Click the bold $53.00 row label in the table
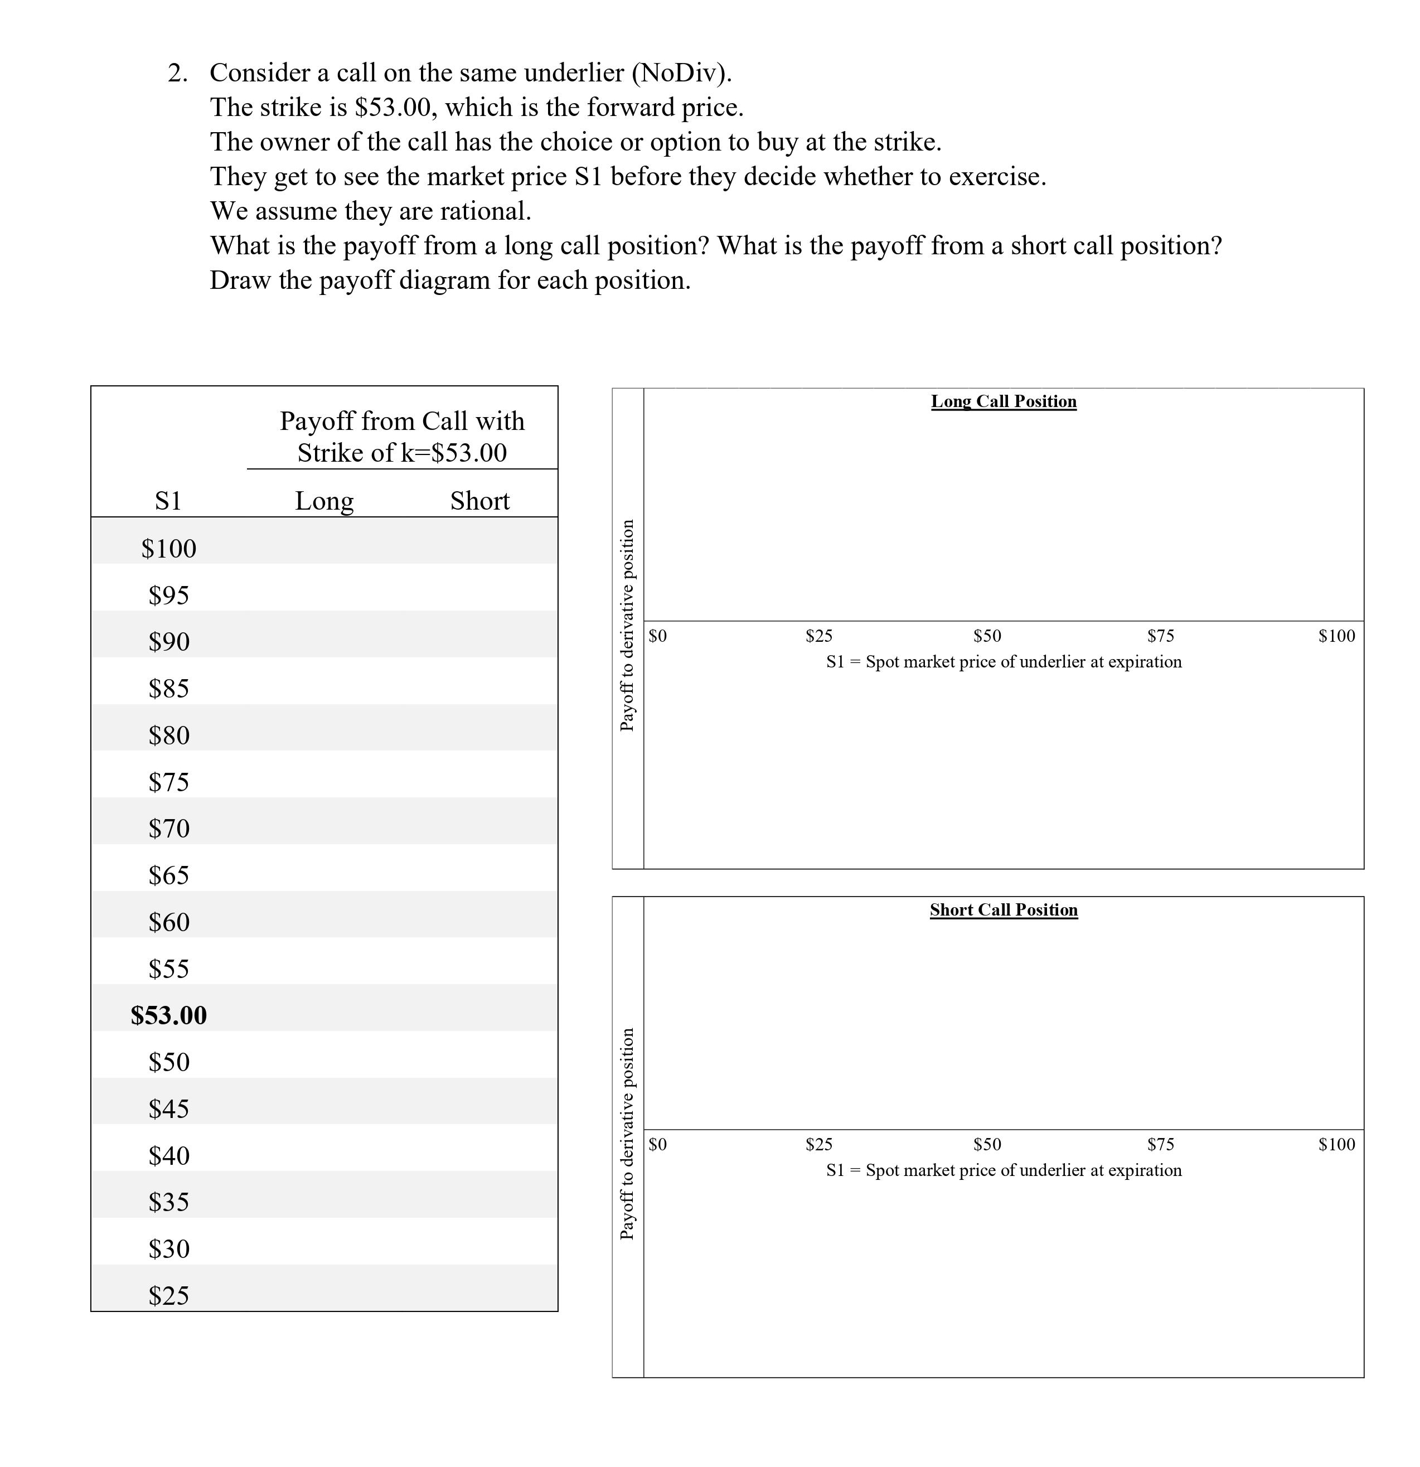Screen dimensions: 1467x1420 click(x=168, y=1016)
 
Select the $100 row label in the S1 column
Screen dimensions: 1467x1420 click(x=168, y=549)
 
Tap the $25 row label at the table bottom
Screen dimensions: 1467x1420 click(x=168, y=1296)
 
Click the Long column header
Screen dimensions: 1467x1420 click(x=324, y=501)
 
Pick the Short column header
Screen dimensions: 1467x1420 click(x=479, y=501)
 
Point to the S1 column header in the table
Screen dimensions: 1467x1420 click(x=168, y=501)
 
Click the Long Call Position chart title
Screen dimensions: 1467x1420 click(x=1003, y=401)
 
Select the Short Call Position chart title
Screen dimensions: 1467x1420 click(x=1003, y=909)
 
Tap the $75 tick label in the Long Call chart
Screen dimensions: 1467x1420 click(x=1160, y=636)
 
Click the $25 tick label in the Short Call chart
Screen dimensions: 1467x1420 click(x=819, y=1144)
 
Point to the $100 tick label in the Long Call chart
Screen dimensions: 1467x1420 click(x=1336, y=636)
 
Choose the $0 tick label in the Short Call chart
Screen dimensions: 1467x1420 click(x=657, y=1144)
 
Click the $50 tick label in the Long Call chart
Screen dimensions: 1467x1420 click(x=987, y=636)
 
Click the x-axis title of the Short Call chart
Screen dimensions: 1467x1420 click(x=1003, y=1170)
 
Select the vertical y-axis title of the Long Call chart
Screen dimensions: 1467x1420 click(x=627, y=625)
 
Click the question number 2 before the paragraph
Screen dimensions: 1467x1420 click(x=177, y=74)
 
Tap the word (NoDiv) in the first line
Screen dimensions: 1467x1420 click(x=681, y=74)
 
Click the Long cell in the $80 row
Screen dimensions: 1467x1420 click(x=324, y=735)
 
